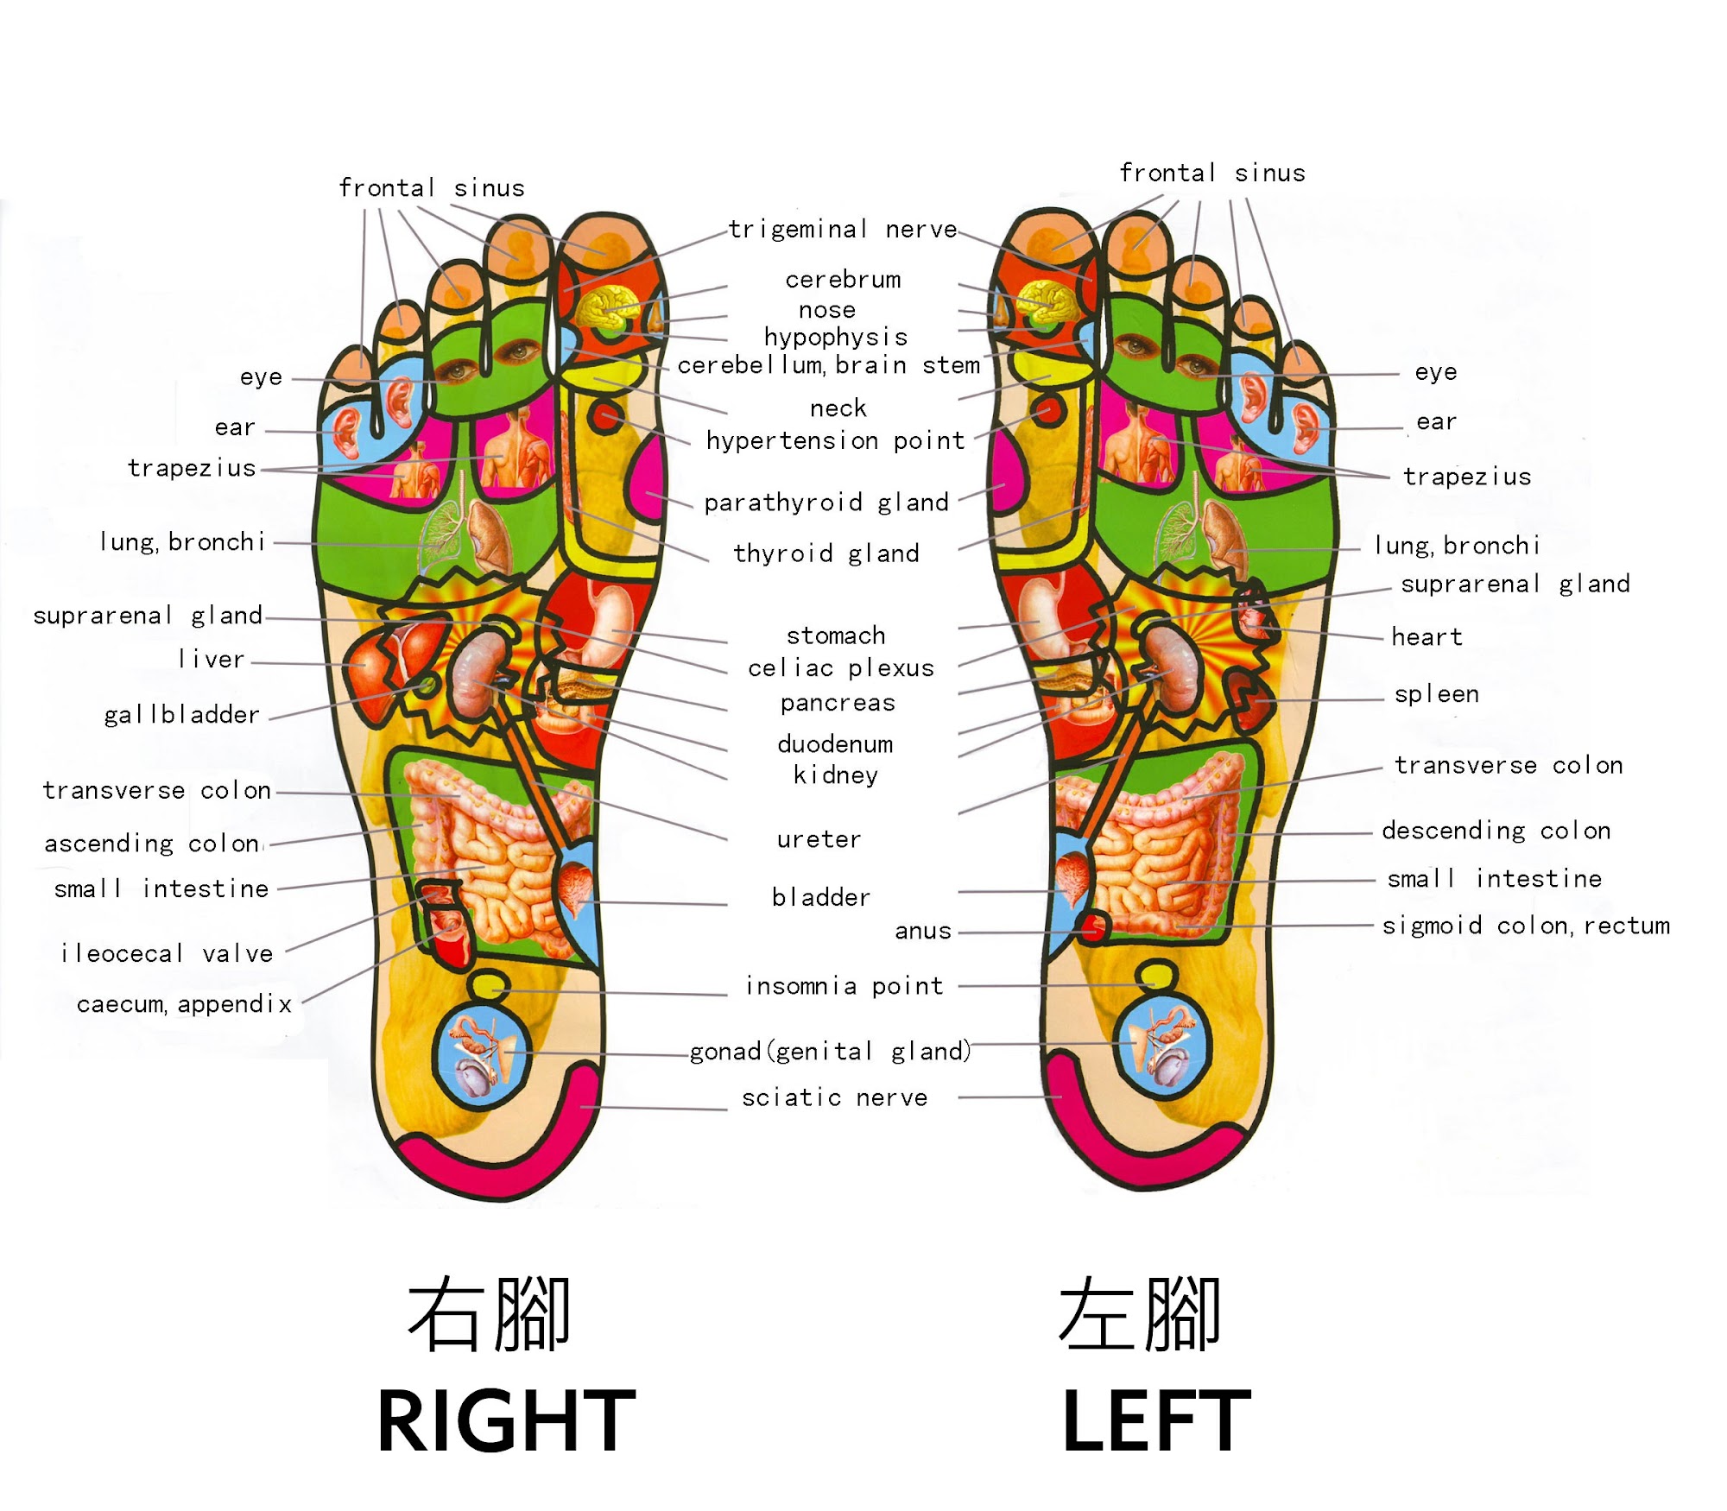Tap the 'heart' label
pos(1427,637)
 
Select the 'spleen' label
pos(1437,694)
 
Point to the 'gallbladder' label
pos(181,715)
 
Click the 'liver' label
pos(212,660)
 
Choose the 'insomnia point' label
pos(845,986)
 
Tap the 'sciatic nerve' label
pos(835,1097)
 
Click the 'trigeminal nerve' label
pos(843,229)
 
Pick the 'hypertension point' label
pos(836,440)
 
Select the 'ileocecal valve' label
pos(167,953)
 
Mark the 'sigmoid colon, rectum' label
pos(1526,926)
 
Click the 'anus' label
pos(923,931)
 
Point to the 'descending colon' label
pos(1496,831)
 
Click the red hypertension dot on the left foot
pos(1049,412)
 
